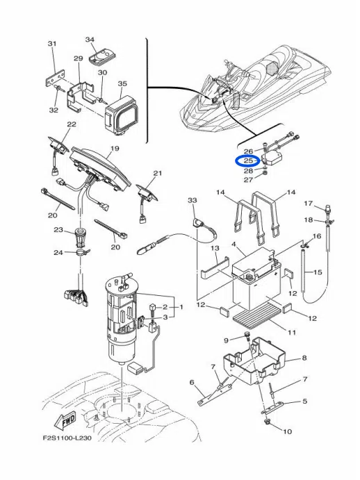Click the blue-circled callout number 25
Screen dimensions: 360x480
(248, 160)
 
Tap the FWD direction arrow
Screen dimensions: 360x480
(65, 421)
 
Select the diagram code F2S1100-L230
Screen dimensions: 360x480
(67, 438)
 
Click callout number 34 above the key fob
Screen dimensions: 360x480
(90, 40)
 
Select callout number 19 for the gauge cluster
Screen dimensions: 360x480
(115, 149)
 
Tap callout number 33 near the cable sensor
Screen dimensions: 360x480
(192, 200)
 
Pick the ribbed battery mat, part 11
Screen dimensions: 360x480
(256, 315)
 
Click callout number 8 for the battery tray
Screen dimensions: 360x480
(304, 358)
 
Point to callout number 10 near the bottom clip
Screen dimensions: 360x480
(287, 431)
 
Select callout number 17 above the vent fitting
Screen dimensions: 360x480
(308, 204)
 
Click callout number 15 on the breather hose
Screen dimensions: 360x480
(318, 272)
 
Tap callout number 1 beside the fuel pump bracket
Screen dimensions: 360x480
(181, 307)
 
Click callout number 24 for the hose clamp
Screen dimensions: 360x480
(58, 253)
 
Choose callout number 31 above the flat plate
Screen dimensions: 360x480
(52, 44)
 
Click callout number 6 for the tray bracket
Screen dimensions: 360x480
(192, 382)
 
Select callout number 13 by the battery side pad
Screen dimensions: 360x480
(215, 248)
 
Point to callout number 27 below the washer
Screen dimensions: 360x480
(248, 179)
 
